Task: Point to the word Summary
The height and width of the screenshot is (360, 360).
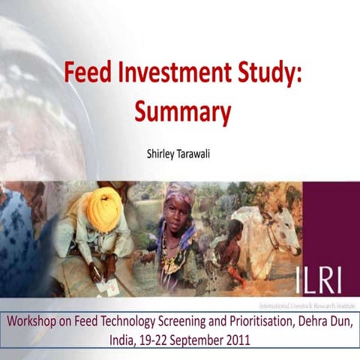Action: pos(182,111)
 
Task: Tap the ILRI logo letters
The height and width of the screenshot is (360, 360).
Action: pos(312,280)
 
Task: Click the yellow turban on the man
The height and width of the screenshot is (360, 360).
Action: pos(104,209)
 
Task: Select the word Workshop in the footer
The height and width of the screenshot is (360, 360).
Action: pos(35,320)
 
